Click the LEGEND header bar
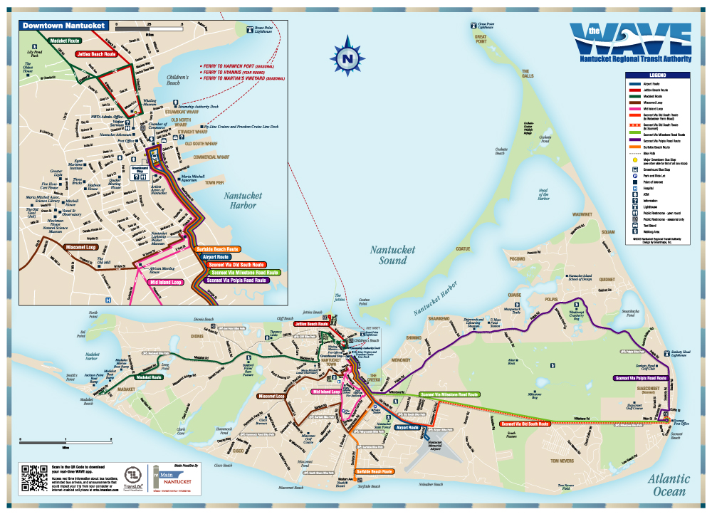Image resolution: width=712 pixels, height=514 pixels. point(656,75)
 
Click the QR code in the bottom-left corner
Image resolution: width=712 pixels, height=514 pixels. point(34,478)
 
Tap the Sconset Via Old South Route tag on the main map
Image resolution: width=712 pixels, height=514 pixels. point(520,423)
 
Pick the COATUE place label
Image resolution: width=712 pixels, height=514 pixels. point(463,248)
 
